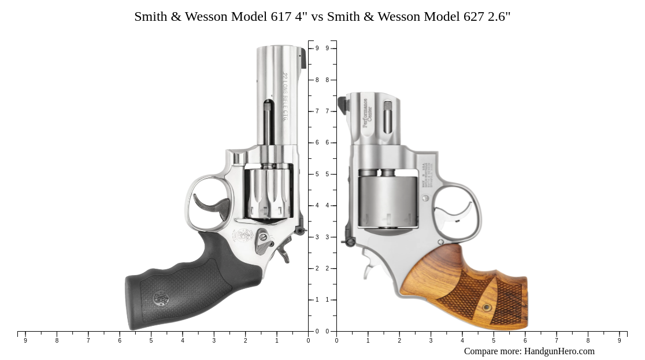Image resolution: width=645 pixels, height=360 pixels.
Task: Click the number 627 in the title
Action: point(473,17)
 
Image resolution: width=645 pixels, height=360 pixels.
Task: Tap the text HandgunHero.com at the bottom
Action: point(559,351)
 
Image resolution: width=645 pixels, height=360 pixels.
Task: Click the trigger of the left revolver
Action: point(208,203)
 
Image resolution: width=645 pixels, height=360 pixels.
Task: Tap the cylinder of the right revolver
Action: point(387,202)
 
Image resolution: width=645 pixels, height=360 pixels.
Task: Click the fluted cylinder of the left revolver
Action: point(268,194)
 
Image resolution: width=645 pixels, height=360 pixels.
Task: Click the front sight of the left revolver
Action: point(303,58)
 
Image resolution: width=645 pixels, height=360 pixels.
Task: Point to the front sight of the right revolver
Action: point(342,105)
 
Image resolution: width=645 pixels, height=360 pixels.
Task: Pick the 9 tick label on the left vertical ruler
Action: point(317,49)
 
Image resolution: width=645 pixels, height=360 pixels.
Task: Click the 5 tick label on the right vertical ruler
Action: point(327,175)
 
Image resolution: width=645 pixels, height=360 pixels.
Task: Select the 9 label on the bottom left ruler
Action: point(25,341)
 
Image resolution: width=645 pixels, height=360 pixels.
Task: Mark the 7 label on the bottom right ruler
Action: point(557,341)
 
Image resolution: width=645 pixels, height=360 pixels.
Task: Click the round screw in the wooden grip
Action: point(487,307)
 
